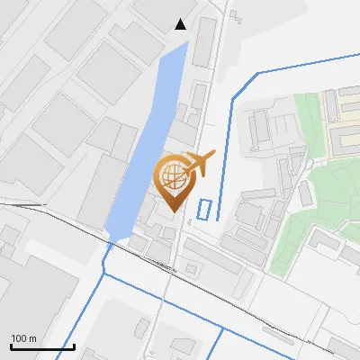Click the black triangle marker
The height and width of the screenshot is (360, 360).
[x=181, y=24]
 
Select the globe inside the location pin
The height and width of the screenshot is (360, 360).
[x=173, y=175]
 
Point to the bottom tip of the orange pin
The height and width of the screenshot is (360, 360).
[x=173, y=211]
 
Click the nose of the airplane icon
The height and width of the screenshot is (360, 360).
[x=214, y=154]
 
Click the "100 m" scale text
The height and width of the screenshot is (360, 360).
[x=24, y=338]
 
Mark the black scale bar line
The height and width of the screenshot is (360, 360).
[x=42, y=346]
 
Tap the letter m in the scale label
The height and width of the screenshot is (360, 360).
[x=33, y=338]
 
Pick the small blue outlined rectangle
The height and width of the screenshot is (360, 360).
[x=205, y=209]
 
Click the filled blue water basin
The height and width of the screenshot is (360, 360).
[x=144, y=144]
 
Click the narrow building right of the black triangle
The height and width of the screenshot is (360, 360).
[x=205, y=40]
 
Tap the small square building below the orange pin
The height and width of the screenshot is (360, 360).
[x=191, y=268]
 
